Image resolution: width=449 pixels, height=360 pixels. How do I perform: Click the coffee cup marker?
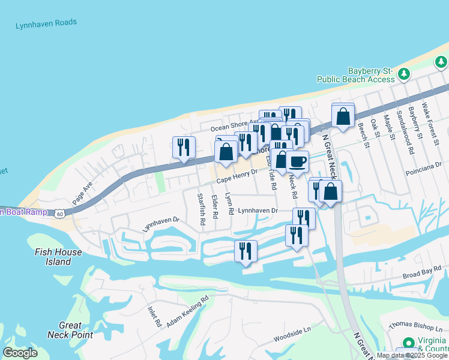pyautogui.click(x=297, y=161)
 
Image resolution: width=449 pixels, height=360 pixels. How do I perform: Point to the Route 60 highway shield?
pyautogui.click(x=58, y=213)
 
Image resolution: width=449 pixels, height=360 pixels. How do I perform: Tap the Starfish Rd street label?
pyautogui.click(x=202, y=209)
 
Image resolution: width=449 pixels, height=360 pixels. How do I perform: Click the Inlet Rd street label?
pyautogui.click(x=155, y=317)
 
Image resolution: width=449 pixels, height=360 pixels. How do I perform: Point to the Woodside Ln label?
pyautogui.click(x=292, y=331)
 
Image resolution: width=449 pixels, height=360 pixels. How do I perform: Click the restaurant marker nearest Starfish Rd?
pyautogui.click(x=184, y=147)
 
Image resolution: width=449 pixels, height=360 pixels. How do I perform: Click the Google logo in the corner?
pyautogui.click(x=20, y=352)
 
